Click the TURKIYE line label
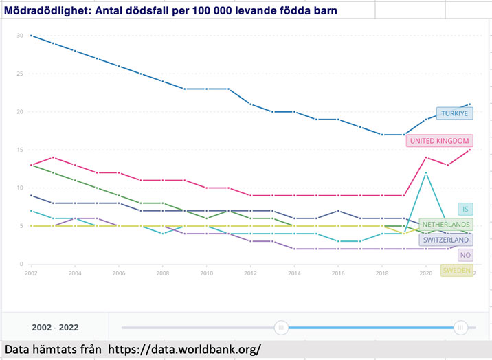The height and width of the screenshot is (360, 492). pos(454,113)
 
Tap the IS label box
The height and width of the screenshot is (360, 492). pos(465,210)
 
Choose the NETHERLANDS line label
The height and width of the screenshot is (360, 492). pos(445,225)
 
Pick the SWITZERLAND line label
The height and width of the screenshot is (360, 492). pos(445,239)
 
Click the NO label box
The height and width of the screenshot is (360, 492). pos(465,254)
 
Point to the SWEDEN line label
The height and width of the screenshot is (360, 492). pos(456,271)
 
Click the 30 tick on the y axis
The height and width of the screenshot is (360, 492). pos(20,36)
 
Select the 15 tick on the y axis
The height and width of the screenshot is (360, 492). pos(20,150)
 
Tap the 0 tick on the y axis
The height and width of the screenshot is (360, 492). pos(21,264)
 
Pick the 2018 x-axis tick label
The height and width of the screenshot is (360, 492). pos(382,273)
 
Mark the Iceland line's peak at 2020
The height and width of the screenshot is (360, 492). pos(427,172)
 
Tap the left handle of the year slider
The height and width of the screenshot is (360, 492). pos(281,328)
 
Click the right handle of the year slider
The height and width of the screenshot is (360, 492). pos(461,328)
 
